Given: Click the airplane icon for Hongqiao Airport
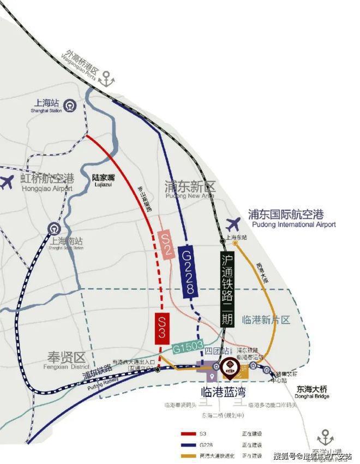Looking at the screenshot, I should pos(7,182).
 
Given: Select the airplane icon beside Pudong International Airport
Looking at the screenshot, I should pos(233,223).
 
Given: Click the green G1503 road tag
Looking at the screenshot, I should pos(188,348).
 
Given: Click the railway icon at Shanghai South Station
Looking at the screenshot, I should pos(53,228).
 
